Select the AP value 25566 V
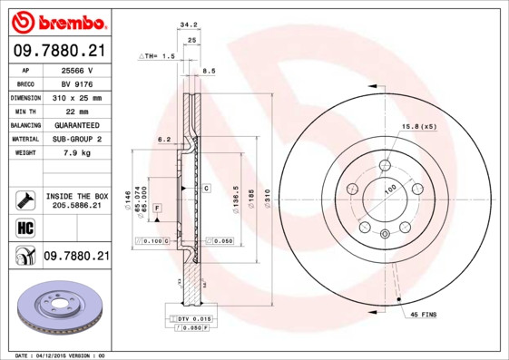coord(78,69)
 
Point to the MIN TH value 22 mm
coord(78,111)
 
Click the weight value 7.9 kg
coord(78,153)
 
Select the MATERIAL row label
coord(24,140)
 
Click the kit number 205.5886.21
coord(78,207)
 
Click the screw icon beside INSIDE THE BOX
coord(24,200)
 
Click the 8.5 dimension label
coord(209,70)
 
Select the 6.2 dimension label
coord(164,139)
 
